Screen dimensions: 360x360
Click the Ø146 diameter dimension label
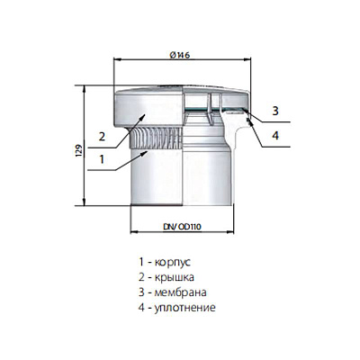[x=180, y=55]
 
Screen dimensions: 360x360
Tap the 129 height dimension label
[x=79, y=151]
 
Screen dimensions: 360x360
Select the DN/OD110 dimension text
[x=182, y=227]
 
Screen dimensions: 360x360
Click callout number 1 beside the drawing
[x=102, y=159]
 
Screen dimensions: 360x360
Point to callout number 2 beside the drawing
[x=102, y=137]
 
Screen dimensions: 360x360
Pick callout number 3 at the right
[x=275, y=111]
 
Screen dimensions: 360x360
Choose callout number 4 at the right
[x=275, y=135]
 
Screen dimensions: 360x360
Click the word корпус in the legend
[x=173, y=263]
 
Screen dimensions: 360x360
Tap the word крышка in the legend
[x=174, y=277]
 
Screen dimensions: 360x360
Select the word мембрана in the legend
[x=180, y=292]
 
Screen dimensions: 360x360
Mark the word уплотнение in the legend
[x=184, y=308]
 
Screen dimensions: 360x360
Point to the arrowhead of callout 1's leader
[x=144, y=153]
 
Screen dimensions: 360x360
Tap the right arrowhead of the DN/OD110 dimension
[x=230, y=231]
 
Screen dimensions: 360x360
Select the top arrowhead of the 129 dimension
[x=85, y=89]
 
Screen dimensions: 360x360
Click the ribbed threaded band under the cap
[x=156, y=138]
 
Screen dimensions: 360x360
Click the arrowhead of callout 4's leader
[x=249, y=121]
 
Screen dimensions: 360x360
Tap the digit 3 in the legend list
[x=141, y=292]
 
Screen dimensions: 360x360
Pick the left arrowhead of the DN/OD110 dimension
[x=134, y=231]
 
